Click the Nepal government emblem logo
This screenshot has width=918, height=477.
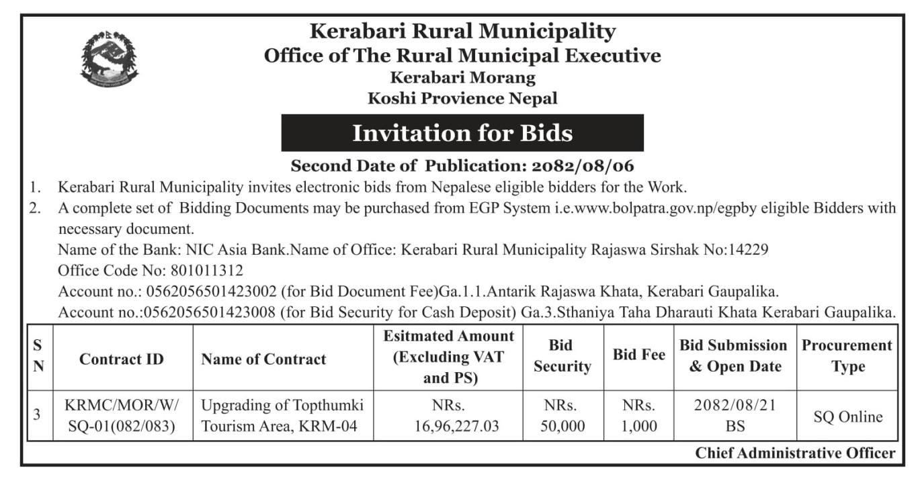point(110,59)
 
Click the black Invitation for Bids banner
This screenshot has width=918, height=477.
point(462,133)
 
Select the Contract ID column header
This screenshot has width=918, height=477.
point(122,359)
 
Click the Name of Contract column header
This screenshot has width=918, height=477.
point(263,359)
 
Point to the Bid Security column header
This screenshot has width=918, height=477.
point(562,356)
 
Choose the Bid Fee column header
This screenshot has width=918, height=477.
point(638,356)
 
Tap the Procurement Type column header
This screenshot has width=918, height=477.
point(847,356)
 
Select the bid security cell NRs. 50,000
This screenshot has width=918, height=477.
point(562,416)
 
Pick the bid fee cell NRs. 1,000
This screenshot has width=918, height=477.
point(638,416)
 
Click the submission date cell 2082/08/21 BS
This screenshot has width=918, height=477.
point(735,416)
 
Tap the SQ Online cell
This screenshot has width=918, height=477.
point(847,417)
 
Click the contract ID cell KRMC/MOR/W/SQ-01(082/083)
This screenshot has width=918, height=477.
point(122,416)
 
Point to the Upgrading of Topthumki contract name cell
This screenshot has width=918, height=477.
point(282,416)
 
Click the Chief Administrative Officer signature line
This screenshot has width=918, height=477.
point(795,453)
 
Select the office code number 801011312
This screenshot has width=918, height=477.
point(208,271)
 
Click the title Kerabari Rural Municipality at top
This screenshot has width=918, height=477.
point(462,31)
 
